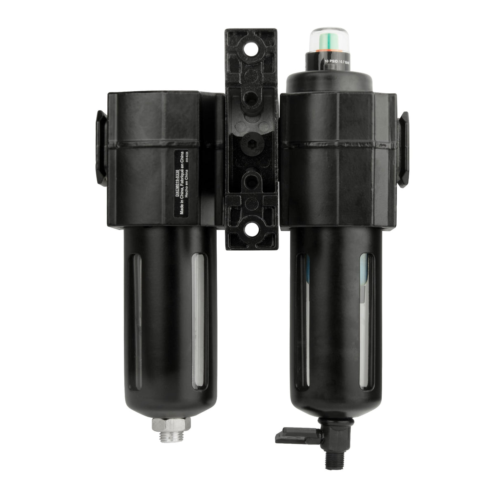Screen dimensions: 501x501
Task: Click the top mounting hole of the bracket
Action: click(250, 50)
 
